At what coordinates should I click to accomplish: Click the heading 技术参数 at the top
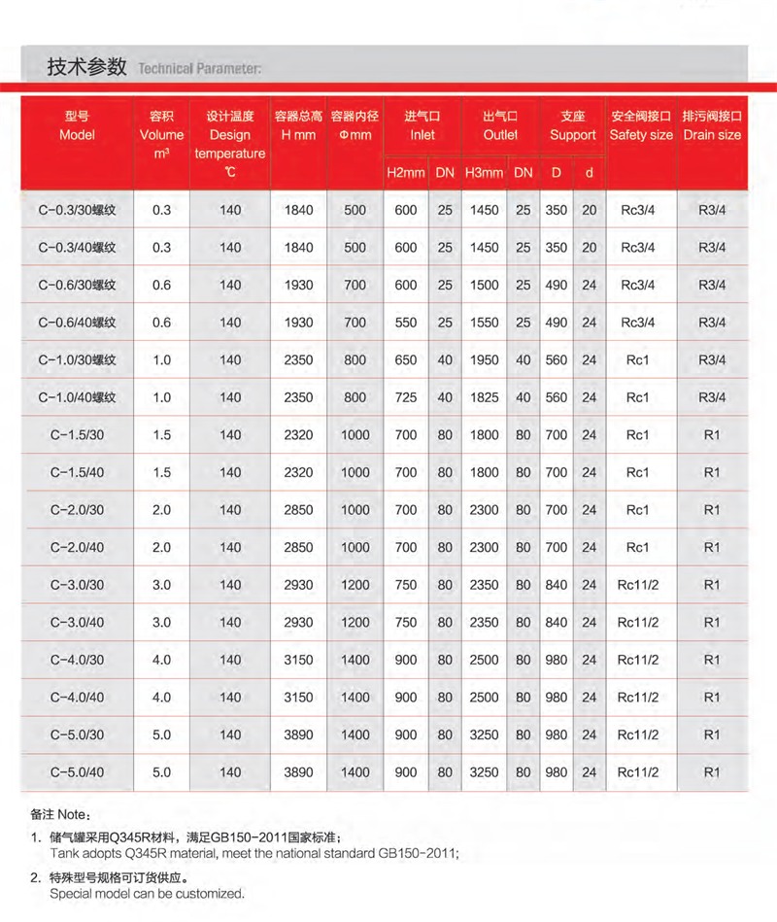pos(86,67)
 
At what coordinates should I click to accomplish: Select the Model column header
pos(77,125)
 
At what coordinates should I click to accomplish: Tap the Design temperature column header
pos(230,144)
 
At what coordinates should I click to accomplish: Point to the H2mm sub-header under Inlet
pos(406,173)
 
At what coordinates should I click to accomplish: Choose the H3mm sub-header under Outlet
pos(484,173)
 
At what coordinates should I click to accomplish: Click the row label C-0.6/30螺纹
pos(77,285)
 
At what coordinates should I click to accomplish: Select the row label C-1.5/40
pos(77,472)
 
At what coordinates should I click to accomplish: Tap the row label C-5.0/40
pos(77,772)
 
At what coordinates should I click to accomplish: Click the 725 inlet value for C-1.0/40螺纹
pos(406,397)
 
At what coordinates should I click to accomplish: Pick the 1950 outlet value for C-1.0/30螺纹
pos(484,359)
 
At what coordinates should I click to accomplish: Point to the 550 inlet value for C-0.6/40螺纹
pos(406,323)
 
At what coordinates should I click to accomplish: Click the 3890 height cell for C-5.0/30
pos(298,734)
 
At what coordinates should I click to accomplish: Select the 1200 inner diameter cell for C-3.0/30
pos(355,585)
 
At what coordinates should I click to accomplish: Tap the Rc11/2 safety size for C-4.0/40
pos(638,698)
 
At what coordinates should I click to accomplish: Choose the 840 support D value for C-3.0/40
pos(557,623)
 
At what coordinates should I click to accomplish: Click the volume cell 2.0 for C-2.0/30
pos(161,510)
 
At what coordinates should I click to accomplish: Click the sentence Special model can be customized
pos(147,894)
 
